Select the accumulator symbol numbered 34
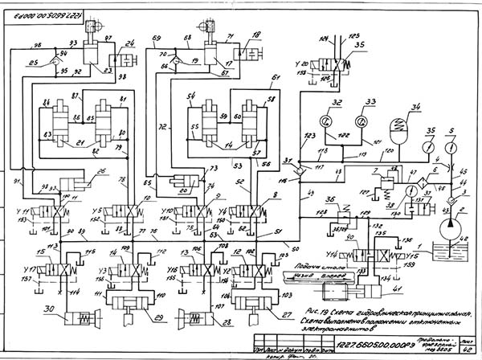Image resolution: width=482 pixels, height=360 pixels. coord(397,124)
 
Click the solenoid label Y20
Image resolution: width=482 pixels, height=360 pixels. coord(302,63)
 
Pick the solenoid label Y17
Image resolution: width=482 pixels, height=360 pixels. coord(29,268)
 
